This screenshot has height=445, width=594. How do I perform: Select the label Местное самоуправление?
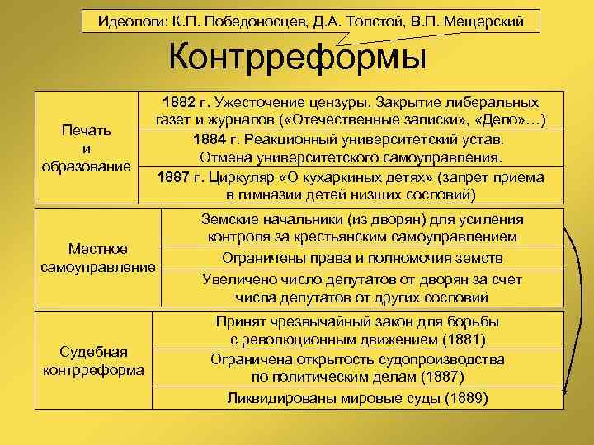click(98, 257)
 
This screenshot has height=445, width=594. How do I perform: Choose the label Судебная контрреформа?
click(92, 360)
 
